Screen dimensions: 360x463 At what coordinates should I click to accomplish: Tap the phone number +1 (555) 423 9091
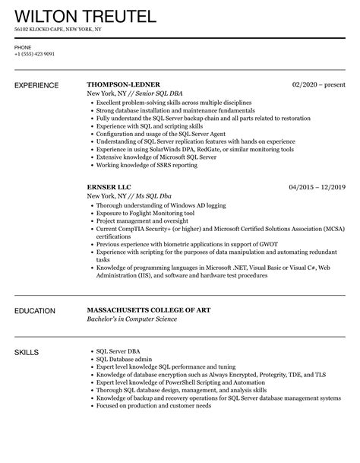[x=34, y=54]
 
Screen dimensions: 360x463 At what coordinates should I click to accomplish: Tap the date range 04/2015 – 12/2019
[x=317, y=186]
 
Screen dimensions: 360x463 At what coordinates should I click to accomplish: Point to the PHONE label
[x=22, y=47]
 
